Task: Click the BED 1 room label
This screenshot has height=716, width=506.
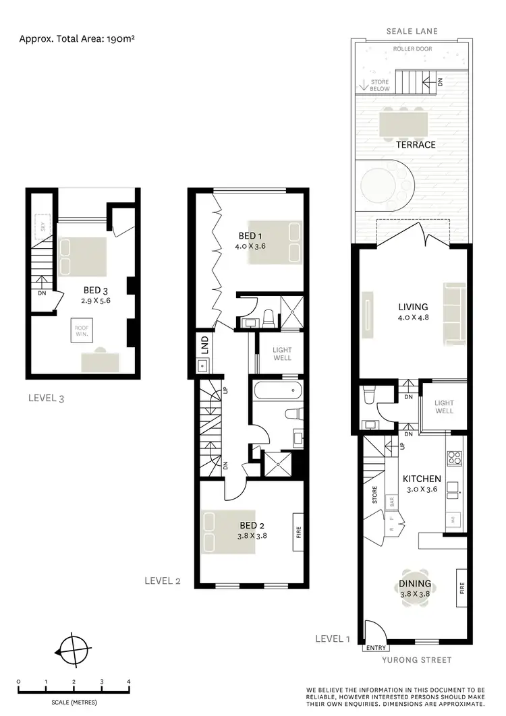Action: click(247, 235)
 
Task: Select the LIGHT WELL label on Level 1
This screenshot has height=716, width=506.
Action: click(444, 407)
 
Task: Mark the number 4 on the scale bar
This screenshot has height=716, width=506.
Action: click(129, 682)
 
